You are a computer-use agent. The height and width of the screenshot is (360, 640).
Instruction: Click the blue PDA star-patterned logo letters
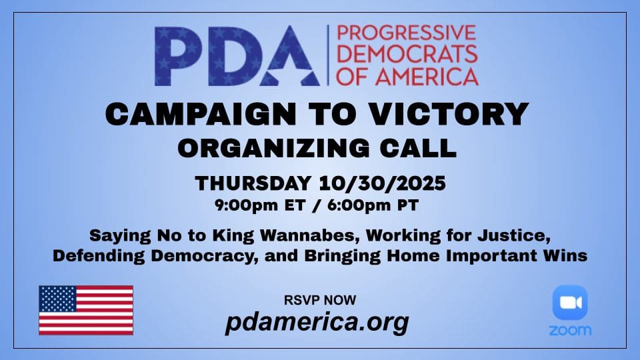click(237, 56)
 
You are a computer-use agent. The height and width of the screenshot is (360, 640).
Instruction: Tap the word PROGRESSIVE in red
click(407, 33)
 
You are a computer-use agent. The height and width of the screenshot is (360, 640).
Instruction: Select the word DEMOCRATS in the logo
click(407, 55)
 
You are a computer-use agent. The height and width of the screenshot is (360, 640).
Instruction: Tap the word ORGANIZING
click(274, 148)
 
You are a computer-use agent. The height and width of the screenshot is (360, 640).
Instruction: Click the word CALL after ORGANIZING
click(419, 148)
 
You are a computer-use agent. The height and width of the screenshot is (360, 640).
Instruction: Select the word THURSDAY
click(253, 183)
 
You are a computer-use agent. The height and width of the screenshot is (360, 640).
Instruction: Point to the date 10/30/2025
click(383, 183)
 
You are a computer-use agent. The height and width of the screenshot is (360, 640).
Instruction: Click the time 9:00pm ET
click(261, 205)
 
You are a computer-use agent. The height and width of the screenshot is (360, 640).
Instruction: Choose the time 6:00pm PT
click(373, 205)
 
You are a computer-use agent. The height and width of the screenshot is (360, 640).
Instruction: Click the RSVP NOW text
click(320, 300)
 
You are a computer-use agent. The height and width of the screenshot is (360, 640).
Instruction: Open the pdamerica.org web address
click(317, 323)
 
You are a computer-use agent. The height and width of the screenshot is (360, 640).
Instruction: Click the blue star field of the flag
click(57, 299)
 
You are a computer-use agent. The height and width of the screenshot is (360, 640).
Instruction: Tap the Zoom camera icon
click(570, 303)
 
